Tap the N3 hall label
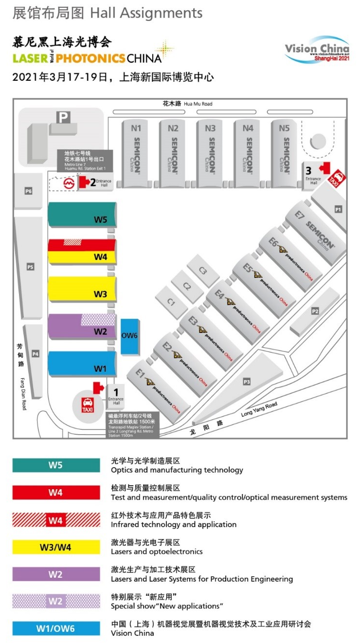(210, 129)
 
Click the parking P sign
(63, 117)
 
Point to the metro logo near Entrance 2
(69, 183)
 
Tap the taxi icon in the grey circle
(88, 405)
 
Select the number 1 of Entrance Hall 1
(116, 391)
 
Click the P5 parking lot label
(30, 267)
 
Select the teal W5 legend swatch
(56, 465)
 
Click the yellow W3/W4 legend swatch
(56, 547)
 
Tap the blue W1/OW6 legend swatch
(56, 628)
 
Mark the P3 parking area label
(247, 382)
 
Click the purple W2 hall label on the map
(100, 332)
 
